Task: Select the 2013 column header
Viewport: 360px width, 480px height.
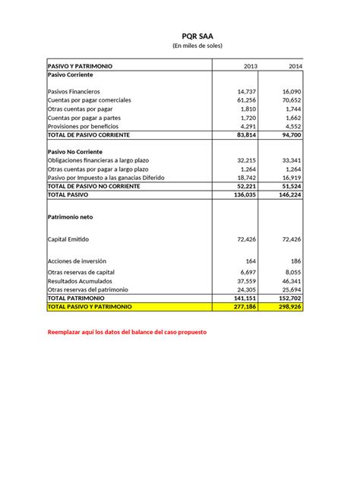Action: click(x=250, y=67)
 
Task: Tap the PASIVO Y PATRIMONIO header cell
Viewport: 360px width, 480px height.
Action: click(x=80, y=67)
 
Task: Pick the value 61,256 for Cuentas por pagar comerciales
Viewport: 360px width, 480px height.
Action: click(x=246, y=100)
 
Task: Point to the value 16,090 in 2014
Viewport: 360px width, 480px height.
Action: click(x=291, y=91)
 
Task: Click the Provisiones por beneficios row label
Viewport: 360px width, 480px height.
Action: click(x=85, y=126)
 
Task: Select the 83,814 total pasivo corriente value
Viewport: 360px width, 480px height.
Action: click(x=246, y=134)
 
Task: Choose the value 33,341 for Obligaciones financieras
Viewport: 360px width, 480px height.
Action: click(x=291, y=160)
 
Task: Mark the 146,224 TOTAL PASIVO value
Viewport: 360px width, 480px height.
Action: click(x=289, y=194)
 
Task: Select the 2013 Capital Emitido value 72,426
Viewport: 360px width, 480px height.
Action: click(x=246, y=238)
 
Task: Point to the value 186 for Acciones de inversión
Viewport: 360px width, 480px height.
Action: click(x=295, y=261)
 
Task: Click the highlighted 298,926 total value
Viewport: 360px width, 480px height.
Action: click(x=289, y=306)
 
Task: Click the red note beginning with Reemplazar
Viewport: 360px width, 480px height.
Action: click(x=126, y=333)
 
